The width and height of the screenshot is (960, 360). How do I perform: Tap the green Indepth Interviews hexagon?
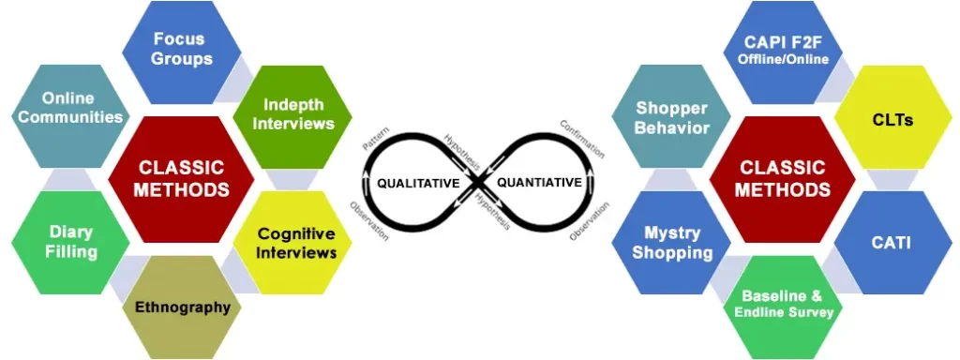click(x=298, y=113)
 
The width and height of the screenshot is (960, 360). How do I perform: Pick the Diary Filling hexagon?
click(x=70, y=241)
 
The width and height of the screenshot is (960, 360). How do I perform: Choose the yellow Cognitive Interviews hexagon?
click(x=296, y=243)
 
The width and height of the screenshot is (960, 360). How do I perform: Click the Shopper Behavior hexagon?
click(x=672, y=117)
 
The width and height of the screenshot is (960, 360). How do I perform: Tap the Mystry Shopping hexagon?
click(x=672, y=243)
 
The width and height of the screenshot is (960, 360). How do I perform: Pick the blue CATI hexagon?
click(x=892, y=244)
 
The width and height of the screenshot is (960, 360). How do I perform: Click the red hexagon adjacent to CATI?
click(x=782, y=178)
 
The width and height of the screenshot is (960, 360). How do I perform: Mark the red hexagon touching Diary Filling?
click(x=182, y=178)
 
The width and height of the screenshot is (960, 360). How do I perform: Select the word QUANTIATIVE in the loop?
click(x=538, y=182)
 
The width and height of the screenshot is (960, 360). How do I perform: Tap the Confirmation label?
click(x=581, y=138)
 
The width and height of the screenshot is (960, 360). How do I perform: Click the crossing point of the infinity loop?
click(x=479, y=182)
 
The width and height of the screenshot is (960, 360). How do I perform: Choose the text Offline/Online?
click(x=783, y=58)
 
